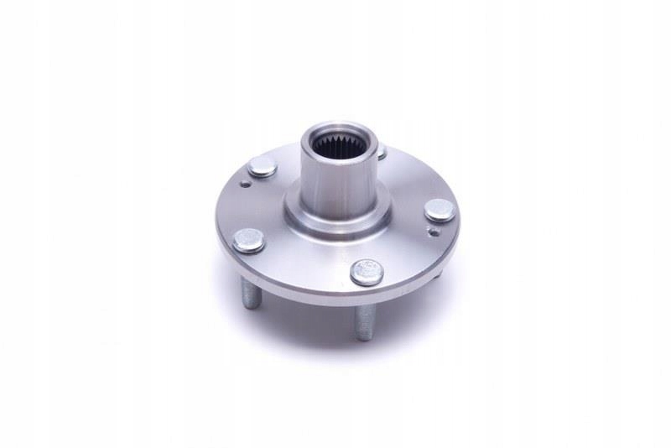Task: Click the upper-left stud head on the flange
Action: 263,166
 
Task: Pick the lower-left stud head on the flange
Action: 249,241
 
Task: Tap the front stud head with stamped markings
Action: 367,272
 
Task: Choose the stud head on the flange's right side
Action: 440,210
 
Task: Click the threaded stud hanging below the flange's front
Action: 363,321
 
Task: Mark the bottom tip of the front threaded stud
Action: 363,336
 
